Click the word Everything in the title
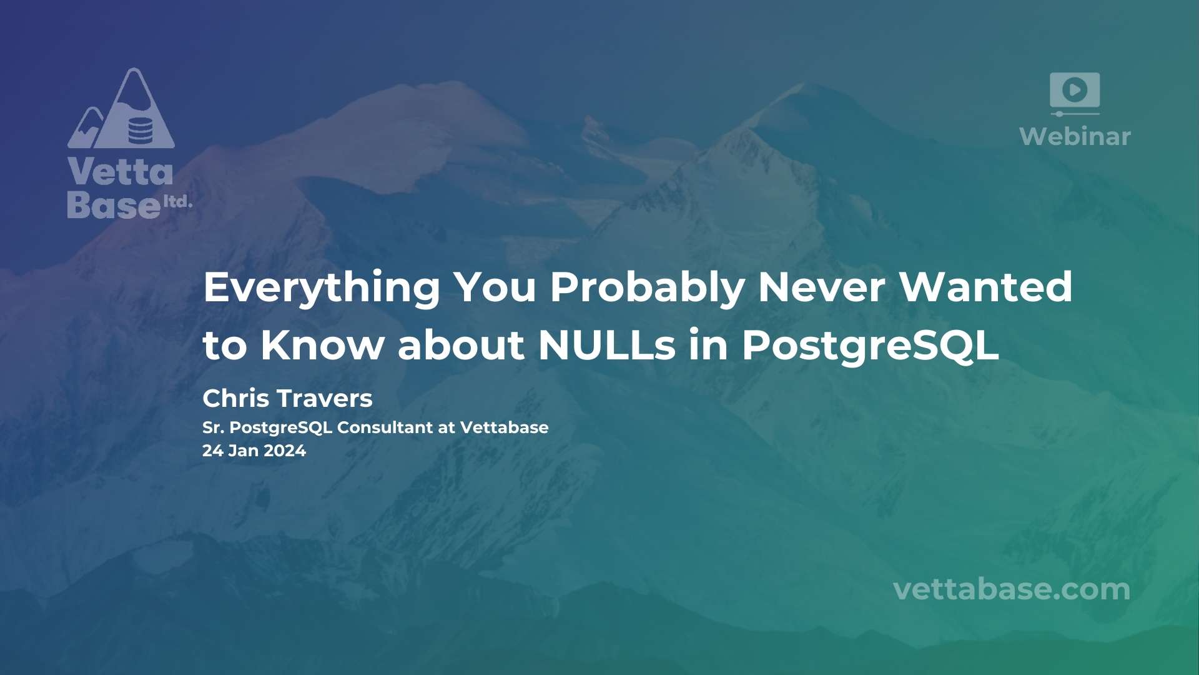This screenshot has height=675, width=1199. pos(322,288)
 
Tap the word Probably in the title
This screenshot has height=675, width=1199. pos(647,288)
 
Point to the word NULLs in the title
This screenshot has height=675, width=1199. pos(607,345)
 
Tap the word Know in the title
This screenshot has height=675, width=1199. pos(322,345)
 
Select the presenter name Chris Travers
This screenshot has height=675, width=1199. pos(287,398)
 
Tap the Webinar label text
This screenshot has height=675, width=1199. pos(1075,136)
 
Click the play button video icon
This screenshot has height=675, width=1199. pos(1075,90)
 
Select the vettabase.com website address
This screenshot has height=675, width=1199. pos(1012,589)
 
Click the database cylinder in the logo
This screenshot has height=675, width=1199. pos(140,130)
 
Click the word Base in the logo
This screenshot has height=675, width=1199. pos(114,204)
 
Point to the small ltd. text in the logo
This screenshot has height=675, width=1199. pos(177,202)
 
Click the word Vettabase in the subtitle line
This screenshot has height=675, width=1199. pos(505,427)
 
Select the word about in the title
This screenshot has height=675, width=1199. pos(461,345)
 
